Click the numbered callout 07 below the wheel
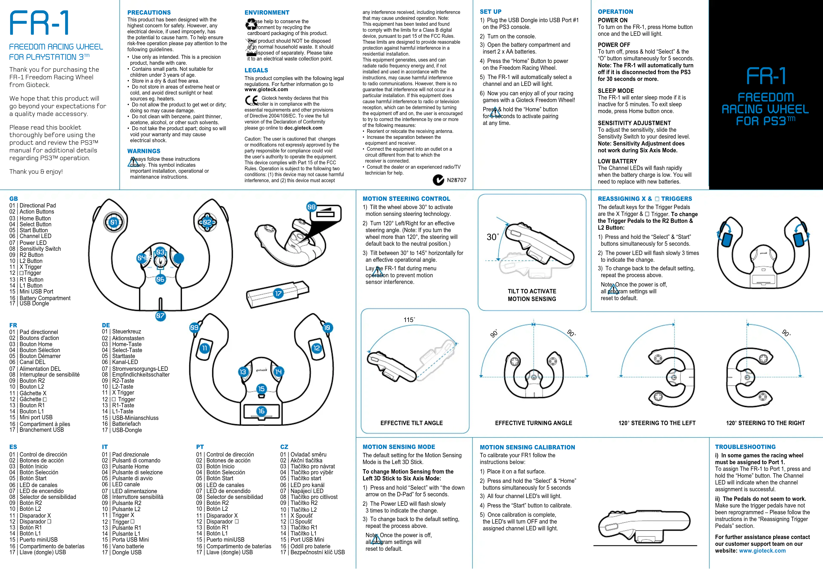tap(160, 316)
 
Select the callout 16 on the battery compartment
tap(261, 411)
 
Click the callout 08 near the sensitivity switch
tap(311, 207)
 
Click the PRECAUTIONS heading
tap(149, 12)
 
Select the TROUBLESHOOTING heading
tap(745, 447)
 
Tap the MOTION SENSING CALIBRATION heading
tap(527, 447)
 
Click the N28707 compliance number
tap(456, 180)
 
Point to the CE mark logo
tap(251, 100)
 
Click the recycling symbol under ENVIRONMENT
tap(251, 24)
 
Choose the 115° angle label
tap(409, 320)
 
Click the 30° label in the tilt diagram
tap(492, 237)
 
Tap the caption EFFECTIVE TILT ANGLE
tap(411, 423)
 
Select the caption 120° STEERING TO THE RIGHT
tap(765, 423)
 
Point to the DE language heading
tap(106, 325)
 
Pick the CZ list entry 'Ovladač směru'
tap(308, 454)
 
